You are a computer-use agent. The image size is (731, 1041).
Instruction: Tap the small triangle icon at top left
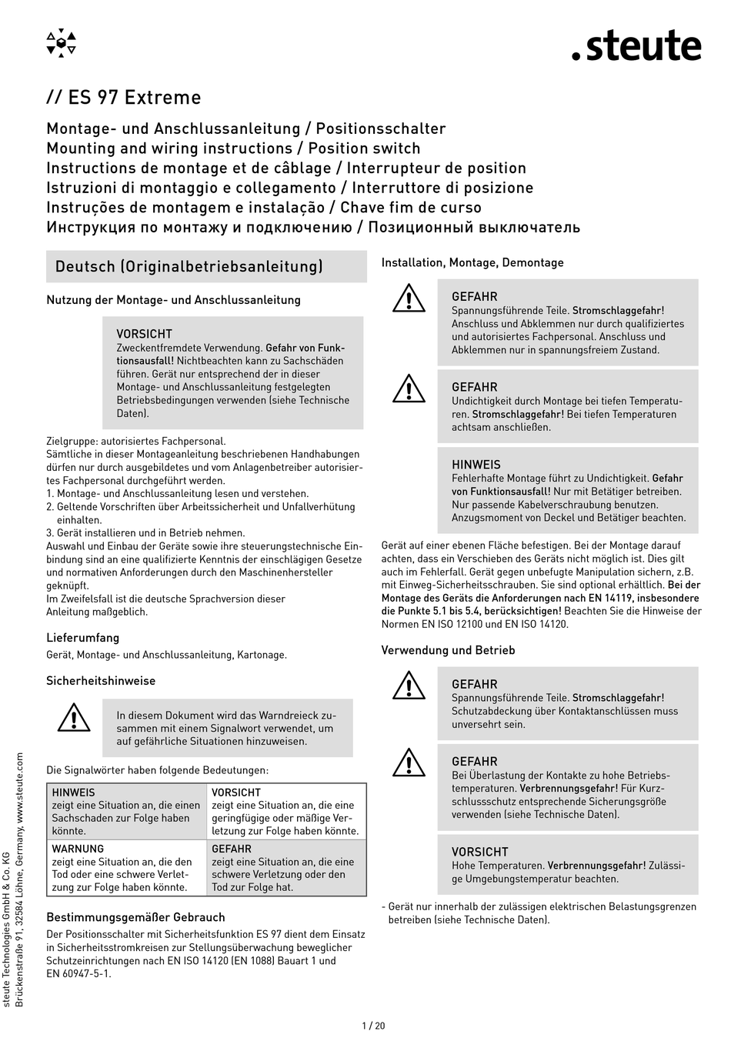pyautogui.click(x=62, y=43)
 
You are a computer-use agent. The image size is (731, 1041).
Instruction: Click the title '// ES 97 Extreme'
pyautogui.click(x=123, y=98)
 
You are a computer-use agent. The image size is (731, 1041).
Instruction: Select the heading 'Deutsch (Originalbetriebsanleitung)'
pyautogui.click(x=189, y=267)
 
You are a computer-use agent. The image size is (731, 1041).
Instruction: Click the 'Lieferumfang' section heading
pyautogui.click(x=82, y=638)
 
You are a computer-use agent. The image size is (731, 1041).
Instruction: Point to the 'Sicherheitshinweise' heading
pyautogui.click(x=101, y=681)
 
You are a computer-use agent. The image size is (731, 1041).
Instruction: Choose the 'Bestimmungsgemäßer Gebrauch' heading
pyautogui.click(x=135, y=917)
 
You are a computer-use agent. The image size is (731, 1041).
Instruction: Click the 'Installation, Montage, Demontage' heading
pyautogui.click(x=472, y=262)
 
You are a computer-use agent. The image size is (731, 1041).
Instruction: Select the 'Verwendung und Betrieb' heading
pyautogui.click(x=448, y=650)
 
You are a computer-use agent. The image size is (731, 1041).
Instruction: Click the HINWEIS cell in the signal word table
pyautogui.click(x=126, y=811)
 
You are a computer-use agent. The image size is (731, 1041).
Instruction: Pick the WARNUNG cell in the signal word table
pyautogui.click(x=126, y=868)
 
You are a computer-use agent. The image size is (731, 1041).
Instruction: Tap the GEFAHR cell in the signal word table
pyautogui.click(x=285, y=868)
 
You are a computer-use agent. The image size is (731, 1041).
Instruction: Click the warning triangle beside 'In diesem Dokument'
pyautogui.click(x=75, y=717)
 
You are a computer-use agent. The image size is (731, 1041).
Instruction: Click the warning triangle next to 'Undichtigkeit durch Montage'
pyautogui.click(x=409, y=389)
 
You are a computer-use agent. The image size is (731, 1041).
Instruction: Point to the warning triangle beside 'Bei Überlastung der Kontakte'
pyautogui.click(x=409, y=762)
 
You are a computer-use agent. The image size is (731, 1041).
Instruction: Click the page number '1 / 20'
pyautogui.click(x=372, y=1026)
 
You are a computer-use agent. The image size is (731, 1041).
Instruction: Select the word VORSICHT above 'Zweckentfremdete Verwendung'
pyautogui.click(x=144, y=334)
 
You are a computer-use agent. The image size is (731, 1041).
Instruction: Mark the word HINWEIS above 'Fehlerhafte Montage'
pyautogui.click(x=476, y=465)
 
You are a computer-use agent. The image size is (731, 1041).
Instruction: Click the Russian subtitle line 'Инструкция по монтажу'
pyautogui.click(x=313, y=227)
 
